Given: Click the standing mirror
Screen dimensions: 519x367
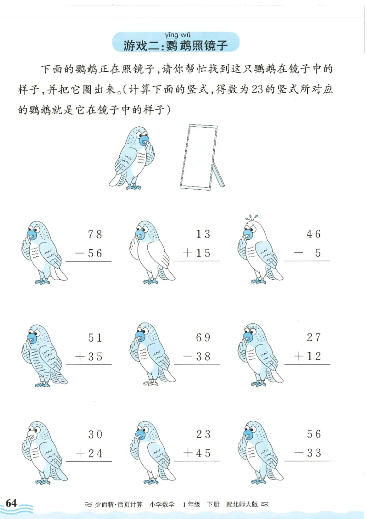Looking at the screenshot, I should [200, 156].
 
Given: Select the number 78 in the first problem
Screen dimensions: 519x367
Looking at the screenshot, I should [95, 234].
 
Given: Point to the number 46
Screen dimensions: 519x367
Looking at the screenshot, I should [314, 234].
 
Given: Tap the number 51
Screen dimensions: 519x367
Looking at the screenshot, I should [95, 338].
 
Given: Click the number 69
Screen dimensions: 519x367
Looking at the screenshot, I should [203, 338].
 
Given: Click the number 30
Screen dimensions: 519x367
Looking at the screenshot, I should [95, 434].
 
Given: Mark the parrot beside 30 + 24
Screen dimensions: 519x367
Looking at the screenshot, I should [44, 452].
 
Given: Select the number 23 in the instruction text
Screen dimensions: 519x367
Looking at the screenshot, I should [257, 90].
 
